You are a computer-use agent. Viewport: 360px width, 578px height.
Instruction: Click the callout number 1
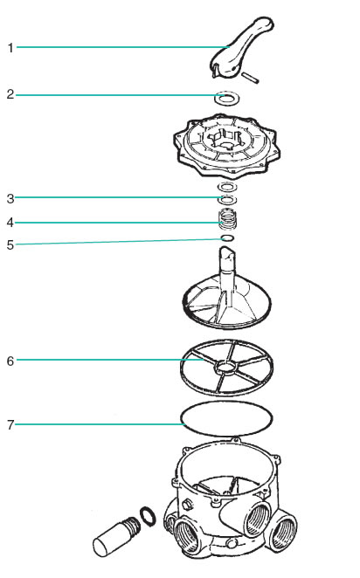(10, 48)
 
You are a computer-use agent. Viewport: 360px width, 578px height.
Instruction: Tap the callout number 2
(10, 94)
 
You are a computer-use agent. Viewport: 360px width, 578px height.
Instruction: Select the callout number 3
(10, 199)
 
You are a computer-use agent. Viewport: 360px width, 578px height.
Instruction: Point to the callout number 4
(10, 223)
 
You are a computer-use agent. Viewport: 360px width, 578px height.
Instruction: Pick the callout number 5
(10, 245)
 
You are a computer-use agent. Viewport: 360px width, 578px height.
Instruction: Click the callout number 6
(10, 361)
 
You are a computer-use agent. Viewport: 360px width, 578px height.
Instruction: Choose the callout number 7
(10, 425)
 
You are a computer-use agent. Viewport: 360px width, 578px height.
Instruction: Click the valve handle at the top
(241, 48)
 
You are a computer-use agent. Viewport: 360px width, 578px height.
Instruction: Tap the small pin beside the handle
(250, 78)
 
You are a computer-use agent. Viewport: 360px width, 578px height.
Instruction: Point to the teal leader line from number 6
(110, 360)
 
